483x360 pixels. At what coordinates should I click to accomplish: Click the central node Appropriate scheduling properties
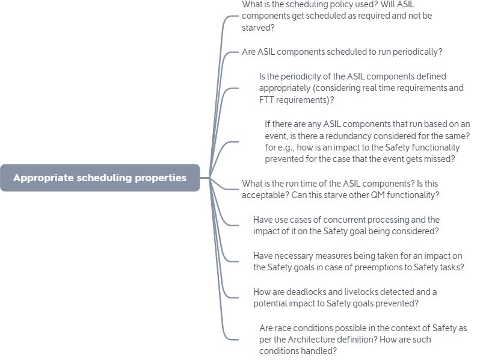(100, 178)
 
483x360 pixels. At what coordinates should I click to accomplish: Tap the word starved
(257, 28)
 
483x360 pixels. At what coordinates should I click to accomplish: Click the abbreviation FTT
(267, 100)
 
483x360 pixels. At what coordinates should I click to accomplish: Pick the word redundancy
(360, 136)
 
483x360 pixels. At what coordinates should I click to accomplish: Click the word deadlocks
(304, 292)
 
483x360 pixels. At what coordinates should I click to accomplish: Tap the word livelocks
(361, 292)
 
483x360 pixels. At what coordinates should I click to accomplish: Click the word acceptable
(264, 195)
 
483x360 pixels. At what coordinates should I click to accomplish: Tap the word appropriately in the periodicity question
(287, 88)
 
